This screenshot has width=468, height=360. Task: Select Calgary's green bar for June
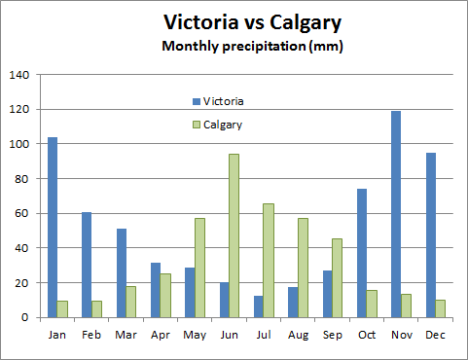234,235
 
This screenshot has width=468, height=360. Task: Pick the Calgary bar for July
269,260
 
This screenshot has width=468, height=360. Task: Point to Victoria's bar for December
430,234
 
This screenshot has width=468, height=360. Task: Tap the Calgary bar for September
338,277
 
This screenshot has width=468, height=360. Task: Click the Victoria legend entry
223,101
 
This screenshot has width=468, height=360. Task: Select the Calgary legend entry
222,125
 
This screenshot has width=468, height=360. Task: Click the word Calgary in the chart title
297,22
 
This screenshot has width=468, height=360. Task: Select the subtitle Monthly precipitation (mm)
252,46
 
